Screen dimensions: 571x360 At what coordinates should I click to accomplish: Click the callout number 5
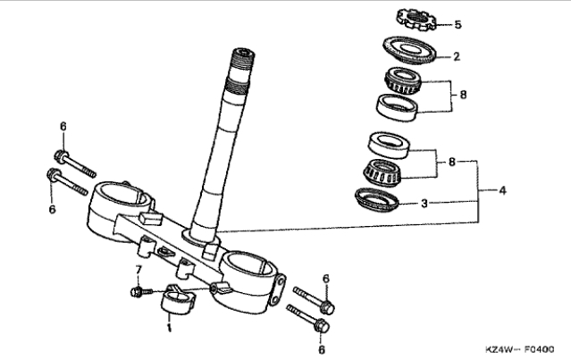click(458, 25)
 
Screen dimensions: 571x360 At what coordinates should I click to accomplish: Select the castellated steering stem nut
click(416, 20)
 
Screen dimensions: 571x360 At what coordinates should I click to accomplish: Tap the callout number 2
click(457, 57)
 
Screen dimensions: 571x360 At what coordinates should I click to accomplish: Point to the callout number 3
click(424, 204)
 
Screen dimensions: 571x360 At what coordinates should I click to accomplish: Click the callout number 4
click(502, 190)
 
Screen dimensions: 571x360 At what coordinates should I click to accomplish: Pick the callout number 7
click(138, 271)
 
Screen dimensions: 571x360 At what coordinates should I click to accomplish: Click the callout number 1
click(169, 328)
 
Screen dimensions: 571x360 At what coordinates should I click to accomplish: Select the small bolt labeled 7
click(141, 291)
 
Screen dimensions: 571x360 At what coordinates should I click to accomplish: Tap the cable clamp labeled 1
click(177, 300)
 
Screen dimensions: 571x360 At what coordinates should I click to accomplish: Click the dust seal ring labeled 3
click(377, 199)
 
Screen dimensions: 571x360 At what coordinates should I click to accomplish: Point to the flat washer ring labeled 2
click(409, 50)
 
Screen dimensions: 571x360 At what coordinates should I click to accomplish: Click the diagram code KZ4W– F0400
click(520, 349)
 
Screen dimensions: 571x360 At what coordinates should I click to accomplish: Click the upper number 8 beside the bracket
click(463, 95)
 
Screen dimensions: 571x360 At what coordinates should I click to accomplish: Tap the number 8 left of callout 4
click(452, 162)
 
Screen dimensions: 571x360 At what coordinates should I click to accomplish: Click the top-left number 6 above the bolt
click(63, 127)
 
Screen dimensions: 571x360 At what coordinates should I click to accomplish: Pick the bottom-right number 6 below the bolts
click(322, 349)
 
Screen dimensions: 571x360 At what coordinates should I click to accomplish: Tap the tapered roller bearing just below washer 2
click(403, 80)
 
